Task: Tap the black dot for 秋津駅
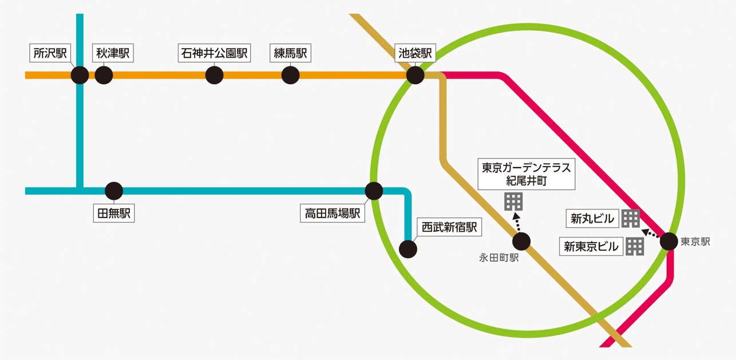coord(104,75)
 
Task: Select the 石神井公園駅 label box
coord(214,54)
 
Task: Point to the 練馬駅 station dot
coord(291,75)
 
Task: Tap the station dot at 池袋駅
coord(415,75)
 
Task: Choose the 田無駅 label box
coord(113,214)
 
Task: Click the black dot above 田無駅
coord(114,191)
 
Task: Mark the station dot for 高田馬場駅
coord(374,191)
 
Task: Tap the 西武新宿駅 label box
coord(449,227)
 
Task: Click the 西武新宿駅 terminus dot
coord(407,249)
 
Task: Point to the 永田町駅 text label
coord(498,258)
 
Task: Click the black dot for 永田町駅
coord(521,241)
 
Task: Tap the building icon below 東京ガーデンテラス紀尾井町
coord(513,201)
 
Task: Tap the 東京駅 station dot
coord(669,242)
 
